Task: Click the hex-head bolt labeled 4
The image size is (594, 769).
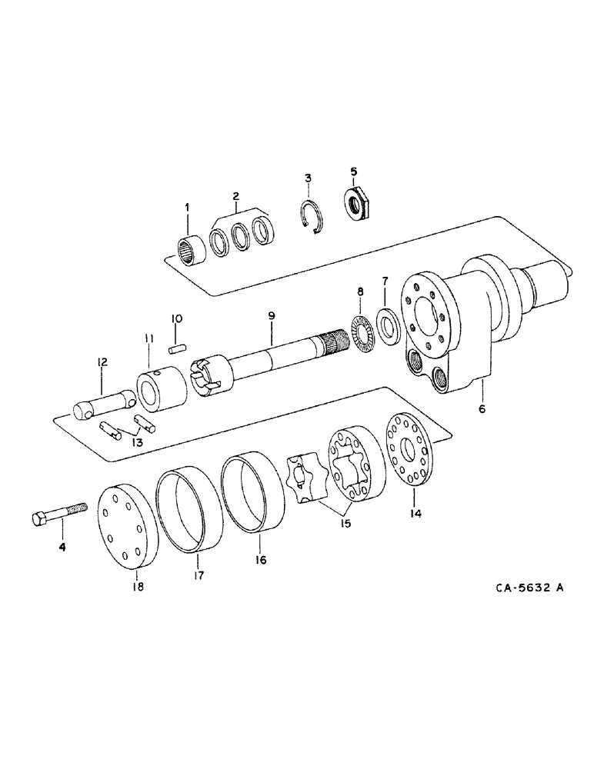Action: click(58, 514)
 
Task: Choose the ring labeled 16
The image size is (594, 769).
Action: click(255, 492)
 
